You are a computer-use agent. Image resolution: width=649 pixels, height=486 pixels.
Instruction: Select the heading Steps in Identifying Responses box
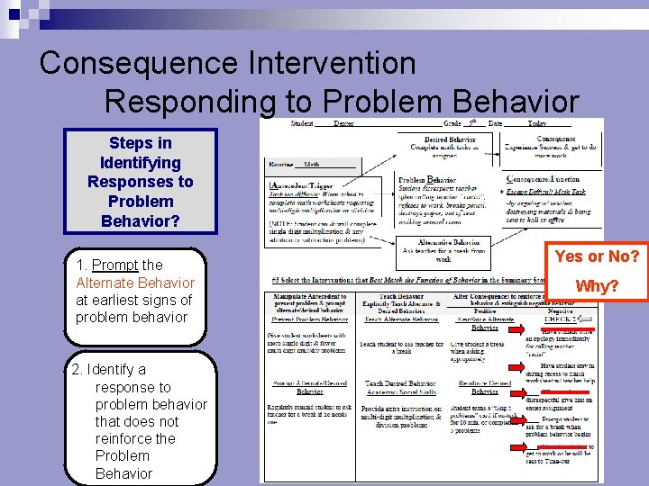click(x=140, y=182)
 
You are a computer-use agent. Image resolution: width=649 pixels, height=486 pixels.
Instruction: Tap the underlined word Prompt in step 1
click(x=114, y=265)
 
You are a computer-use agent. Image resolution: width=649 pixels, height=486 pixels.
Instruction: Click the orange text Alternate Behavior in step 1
click(x=134, y=283)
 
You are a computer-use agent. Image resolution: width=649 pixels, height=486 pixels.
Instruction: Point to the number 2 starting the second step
click(x=77, y=369)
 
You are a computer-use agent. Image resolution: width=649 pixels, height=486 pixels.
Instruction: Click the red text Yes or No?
click(x=597, y=256)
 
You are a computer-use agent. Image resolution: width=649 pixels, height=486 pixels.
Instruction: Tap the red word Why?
click(x=597, y=286)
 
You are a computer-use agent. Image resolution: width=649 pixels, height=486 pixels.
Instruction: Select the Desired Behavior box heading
click(x=450, y=139)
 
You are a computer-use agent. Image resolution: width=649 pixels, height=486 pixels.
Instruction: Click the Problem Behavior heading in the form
click(x=430, y=180)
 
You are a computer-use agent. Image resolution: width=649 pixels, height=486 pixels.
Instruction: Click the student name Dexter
click(x=343, y=123)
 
